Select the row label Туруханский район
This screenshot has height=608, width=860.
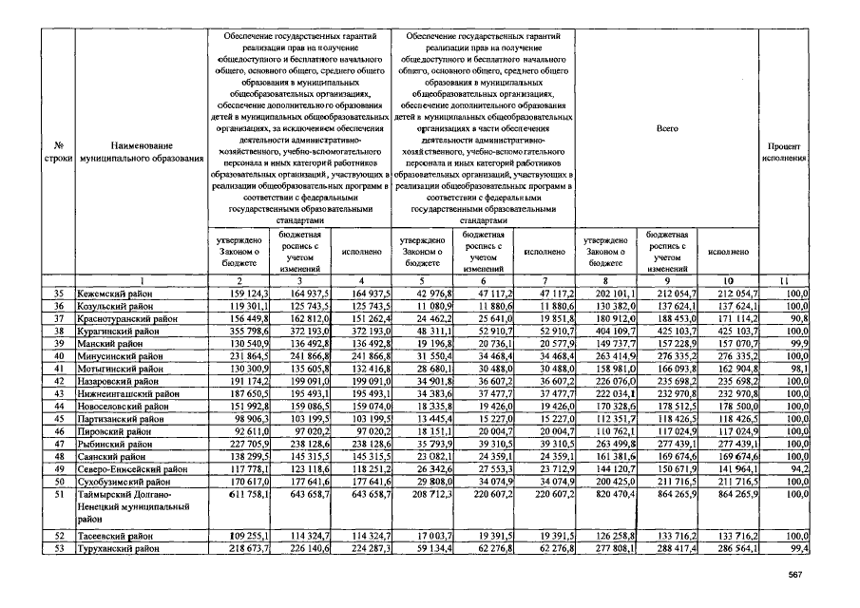118,549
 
